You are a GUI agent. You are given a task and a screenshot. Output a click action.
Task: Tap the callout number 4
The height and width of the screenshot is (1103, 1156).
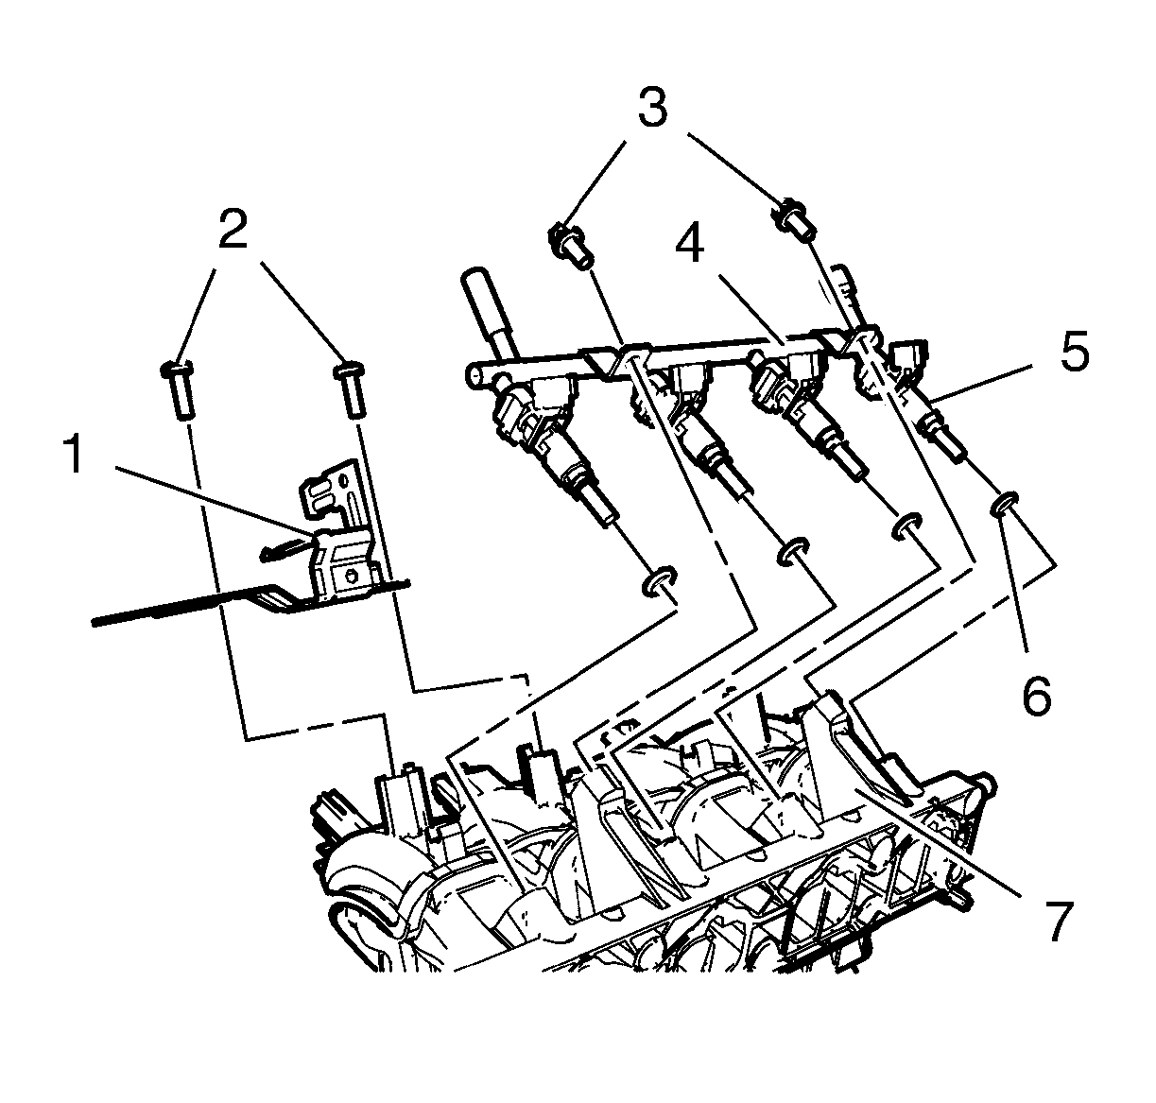tap(689, 247)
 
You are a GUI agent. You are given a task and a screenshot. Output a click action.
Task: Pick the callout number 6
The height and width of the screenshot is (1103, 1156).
tap(1036, 697)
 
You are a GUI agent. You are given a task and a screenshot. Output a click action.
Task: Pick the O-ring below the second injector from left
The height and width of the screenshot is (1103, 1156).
tap(791, 553)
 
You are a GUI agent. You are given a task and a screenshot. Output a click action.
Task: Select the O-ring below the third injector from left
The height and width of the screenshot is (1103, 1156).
tap(907, 525)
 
